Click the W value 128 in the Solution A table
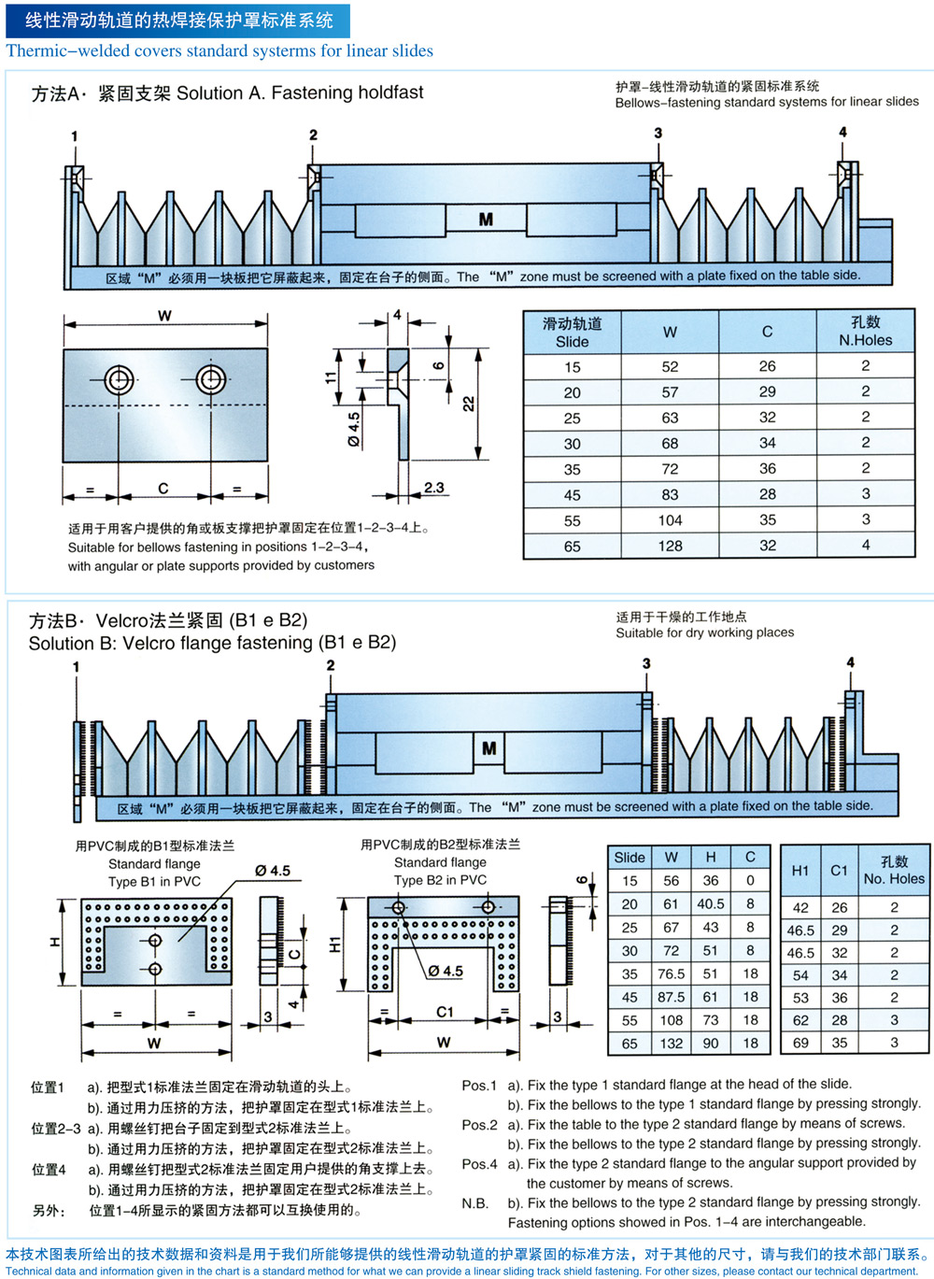pyautogui.click(x=670, y=546)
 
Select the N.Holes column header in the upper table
pyautogui.click(x=865, y=331)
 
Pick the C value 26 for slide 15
pyautogui.click(x=768, y=366)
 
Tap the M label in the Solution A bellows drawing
pyautogui.click(x=486, y=220)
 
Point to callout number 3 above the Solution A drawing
pyautogui.click(x=658, y=133)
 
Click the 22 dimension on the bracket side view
pyautogui.click(x=468, y=404)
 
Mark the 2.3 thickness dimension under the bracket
pyautogui.click(x=434, y=488)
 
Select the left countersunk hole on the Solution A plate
pyautogui.click(x=119, y=379)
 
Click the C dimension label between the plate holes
pyautogui.click(x=163, y=489)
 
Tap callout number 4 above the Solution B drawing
pyautogui.click(x=851, y=662)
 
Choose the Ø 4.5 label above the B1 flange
pyautogui.click(x=273, y=871)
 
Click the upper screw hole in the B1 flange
pyautogui.click(x=155, y=941)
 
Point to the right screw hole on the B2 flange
pyautogui.click(x=488, y=907)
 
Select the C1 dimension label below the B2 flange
pyautogui.click(x=445, y=1013)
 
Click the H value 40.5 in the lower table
pyautogui.click(x=710, y=903)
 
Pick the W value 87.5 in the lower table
pyautogui.click(x=671, y=997)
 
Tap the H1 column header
pyautogui.click(x=800, y=870)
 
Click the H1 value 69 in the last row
pyautogui.click(x=800, y=1043)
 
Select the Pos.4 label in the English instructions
pyautogui.click(x=479, y=1164)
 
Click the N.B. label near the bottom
pyautogui.click(x=475, y=1203)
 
